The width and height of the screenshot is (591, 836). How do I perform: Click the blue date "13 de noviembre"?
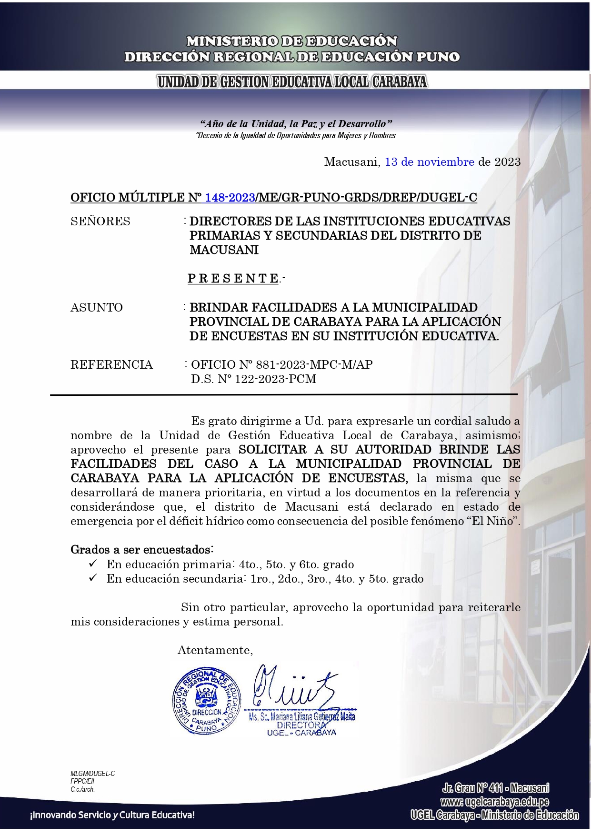point(429,162)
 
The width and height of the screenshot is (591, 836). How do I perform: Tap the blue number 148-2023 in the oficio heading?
point(230,198)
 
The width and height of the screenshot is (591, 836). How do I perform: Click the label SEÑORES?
point(100,222)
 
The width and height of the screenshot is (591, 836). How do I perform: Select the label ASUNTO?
point(97,308)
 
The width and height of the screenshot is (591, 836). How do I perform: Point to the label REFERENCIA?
point(111,365)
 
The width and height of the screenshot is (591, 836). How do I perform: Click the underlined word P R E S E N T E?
point(233,279)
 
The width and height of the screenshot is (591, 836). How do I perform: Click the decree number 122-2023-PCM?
point(275,379)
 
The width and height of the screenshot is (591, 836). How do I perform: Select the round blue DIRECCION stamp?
point(206,701)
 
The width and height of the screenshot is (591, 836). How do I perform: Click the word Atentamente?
point(215,651)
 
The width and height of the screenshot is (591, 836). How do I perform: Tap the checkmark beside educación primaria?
point(93,564)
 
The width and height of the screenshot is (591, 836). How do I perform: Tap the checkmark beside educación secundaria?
point(93,578)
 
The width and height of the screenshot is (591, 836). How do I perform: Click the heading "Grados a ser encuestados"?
point(141,550)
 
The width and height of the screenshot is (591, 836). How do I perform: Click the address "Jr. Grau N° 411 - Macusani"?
point(495,788)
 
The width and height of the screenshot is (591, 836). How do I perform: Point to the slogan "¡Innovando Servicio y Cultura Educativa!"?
point(112,815)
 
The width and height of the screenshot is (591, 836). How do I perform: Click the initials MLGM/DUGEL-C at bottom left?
point(92,774)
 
